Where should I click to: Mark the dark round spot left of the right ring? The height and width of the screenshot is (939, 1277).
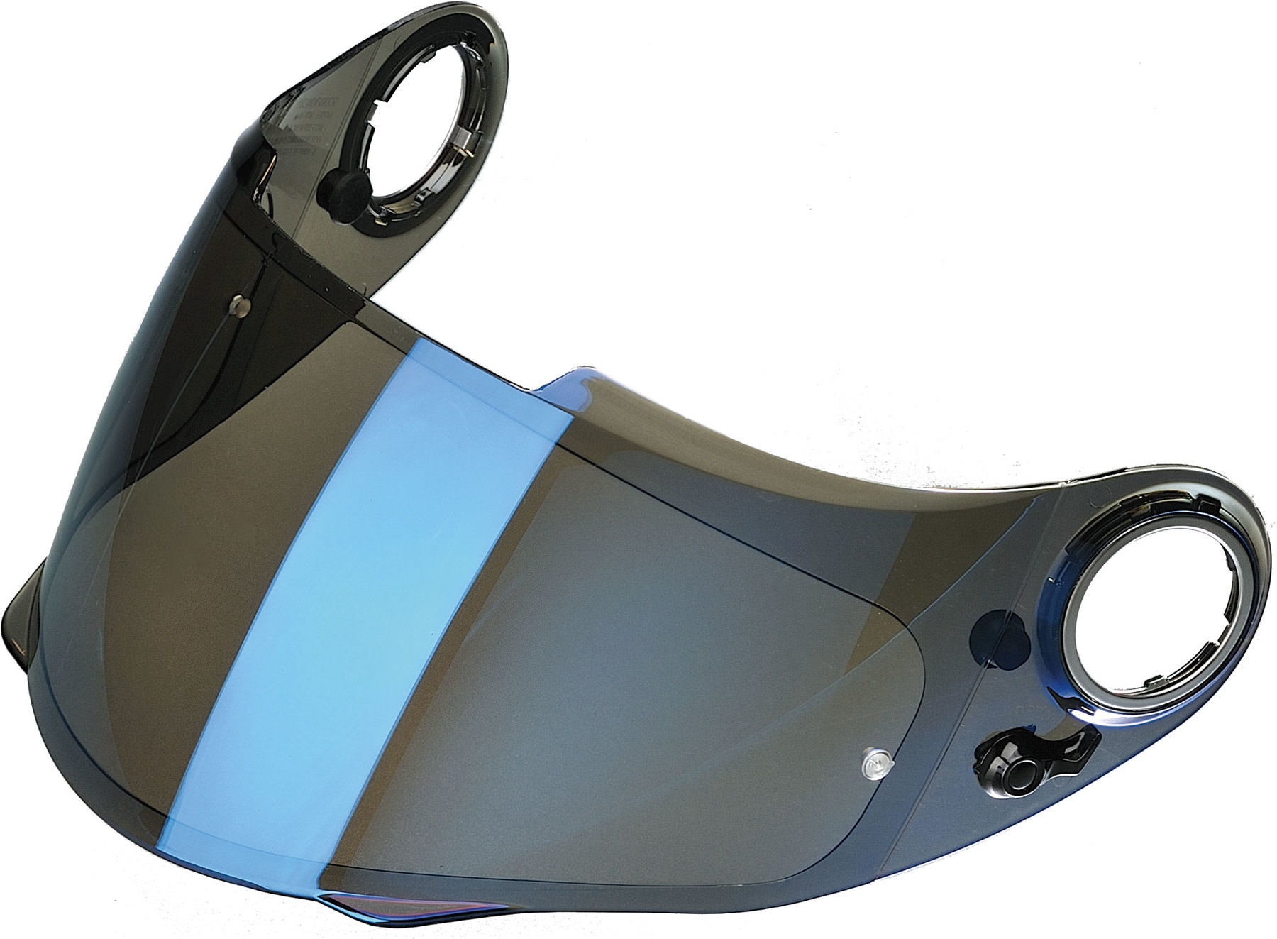point(993,630)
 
